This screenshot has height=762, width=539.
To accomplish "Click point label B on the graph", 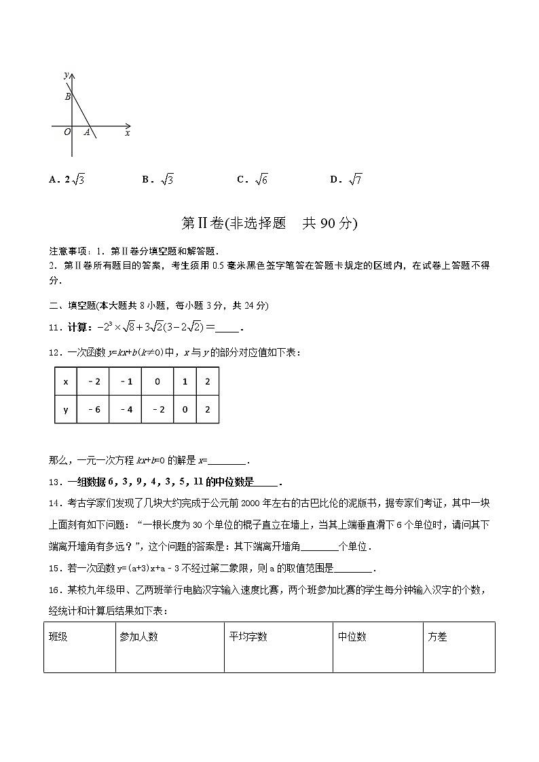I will [68, 97].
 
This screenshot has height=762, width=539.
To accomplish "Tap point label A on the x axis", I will [87, 132].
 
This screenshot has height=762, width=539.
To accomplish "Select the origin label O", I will [67, 132].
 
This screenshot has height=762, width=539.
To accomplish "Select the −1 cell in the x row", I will [126, 381].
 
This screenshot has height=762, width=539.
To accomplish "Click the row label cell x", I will [66, 381].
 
